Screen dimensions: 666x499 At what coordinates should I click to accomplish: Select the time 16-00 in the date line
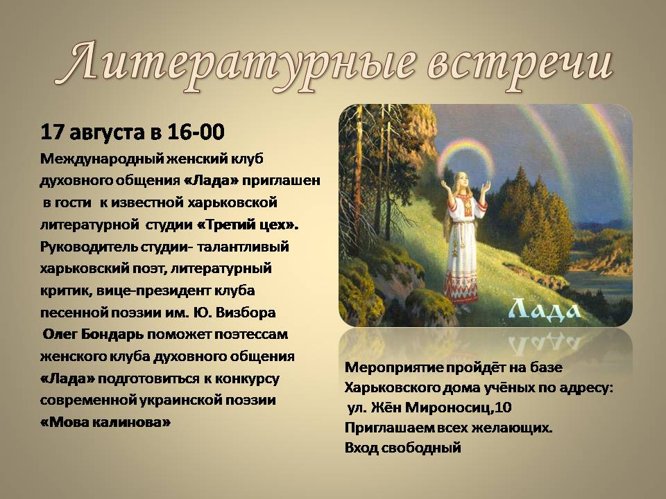pos(196,132)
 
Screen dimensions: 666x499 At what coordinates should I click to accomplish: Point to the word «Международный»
pos(101,159)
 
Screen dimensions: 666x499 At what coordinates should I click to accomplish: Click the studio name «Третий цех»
pos(248,225)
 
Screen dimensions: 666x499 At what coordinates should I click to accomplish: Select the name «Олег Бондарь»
pos(93,334)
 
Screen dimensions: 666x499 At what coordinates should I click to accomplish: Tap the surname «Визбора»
pos(246,313)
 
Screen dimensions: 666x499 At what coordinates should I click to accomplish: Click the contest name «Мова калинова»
pos(105,422)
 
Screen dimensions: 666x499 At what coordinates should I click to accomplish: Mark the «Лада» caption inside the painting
pos(545,308)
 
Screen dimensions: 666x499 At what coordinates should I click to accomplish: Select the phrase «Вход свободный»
pos(402,448)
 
